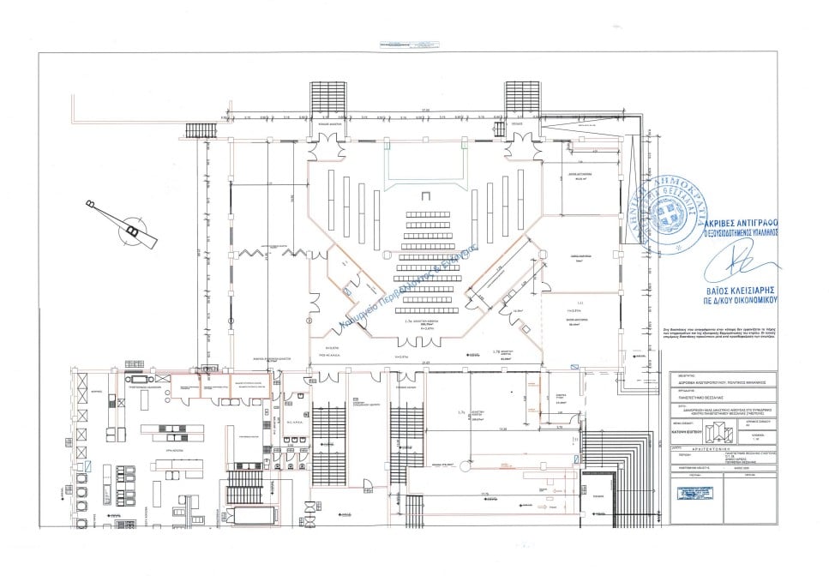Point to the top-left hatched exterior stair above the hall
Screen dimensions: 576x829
(x=327, y=101)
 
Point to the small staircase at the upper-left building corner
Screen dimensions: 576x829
(x=199, y=129)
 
